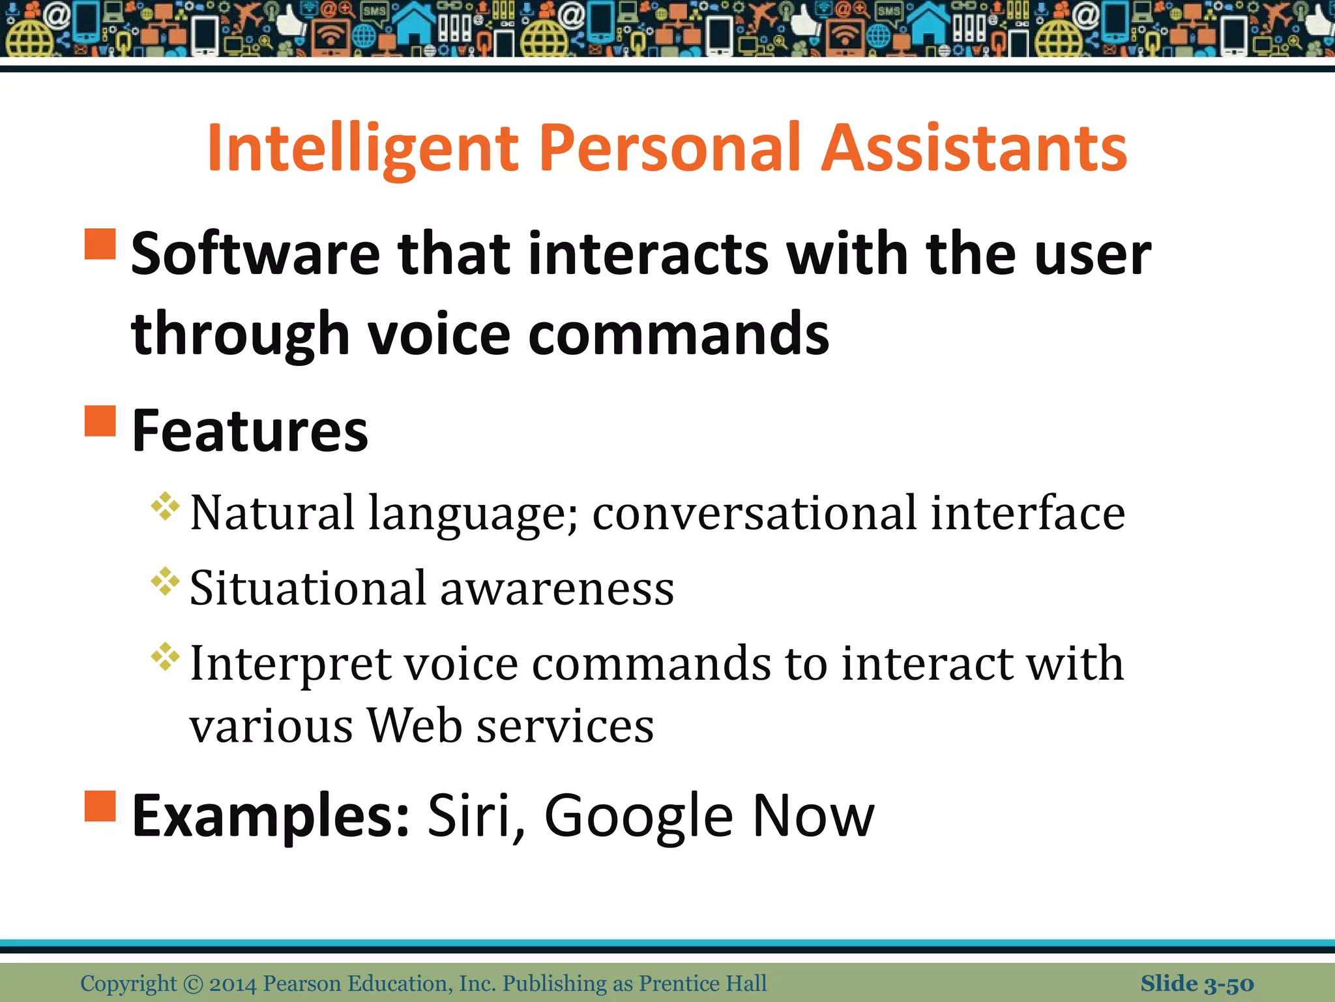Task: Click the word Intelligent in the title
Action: [x=362, y=149]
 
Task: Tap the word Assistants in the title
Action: [x=974, y=149]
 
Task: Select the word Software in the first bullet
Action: [x=256, y=254]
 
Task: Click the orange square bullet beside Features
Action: [x=100, y=421]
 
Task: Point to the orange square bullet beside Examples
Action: [x=100, y=806]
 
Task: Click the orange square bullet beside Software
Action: [x=100, y=244]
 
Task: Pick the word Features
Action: [x=250, y=431]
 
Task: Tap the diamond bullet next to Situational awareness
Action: [x=165, y=581]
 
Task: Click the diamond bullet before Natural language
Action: [x=165, y=506]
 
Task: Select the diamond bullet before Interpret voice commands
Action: [x=165, y=657]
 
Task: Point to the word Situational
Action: [x=308, y=588]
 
